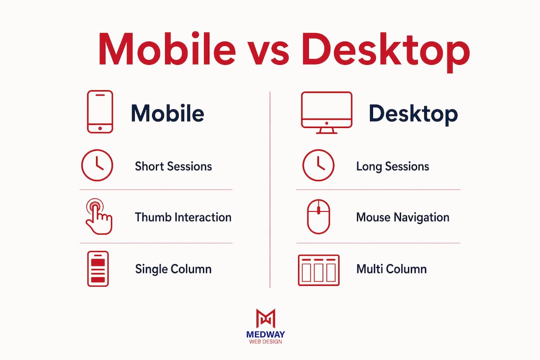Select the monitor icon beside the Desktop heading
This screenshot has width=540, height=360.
326,112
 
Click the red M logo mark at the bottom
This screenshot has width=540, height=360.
265,318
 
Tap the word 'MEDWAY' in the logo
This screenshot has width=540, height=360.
265,334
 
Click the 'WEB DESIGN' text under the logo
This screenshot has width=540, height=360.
265,341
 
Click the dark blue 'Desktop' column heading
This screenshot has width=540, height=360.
413,113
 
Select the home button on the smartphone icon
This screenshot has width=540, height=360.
100,128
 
